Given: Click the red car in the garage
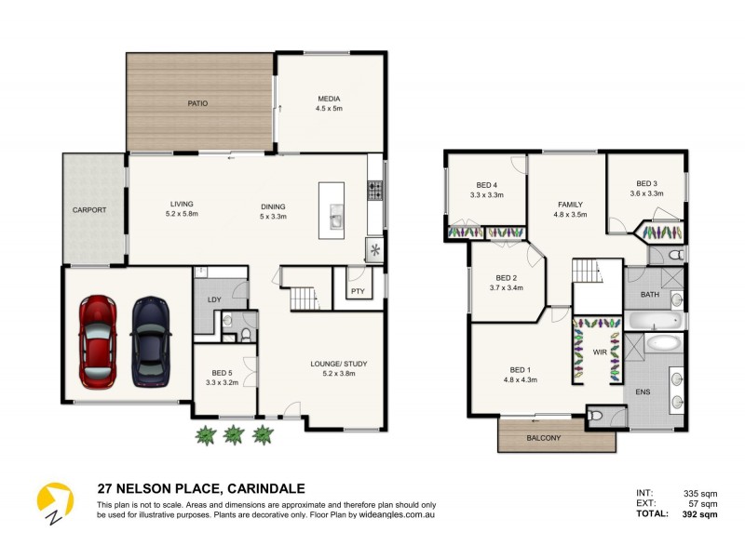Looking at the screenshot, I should tap(97, 341).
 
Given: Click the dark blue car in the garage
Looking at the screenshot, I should tap(150, 341).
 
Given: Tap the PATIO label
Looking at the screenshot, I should tap(196, 103).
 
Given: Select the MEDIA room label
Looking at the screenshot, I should tap(329, 99).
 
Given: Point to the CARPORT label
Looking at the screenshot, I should tap(89, 210).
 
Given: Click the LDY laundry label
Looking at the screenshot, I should tap(212, 299).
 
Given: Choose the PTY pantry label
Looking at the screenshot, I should tap(358, 291).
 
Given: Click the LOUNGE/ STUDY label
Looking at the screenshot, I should tap(332, 364).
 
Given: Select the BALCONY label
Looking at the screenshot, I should tap(545, 437).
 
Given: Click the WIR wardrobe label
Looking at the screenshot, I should tap(600, 352).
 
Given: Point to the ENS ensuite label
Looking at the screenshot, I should tap(643, 392).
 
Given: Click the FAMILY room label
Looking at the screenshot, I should tap(570, 204).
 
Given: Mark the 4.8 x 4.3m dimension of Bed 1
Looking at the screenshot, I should tap(520, 379).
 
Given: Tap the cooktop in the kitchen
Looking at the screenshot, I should tap(376, 191).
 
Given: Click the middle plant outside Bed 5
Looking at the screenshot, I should tap(233, 433).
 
